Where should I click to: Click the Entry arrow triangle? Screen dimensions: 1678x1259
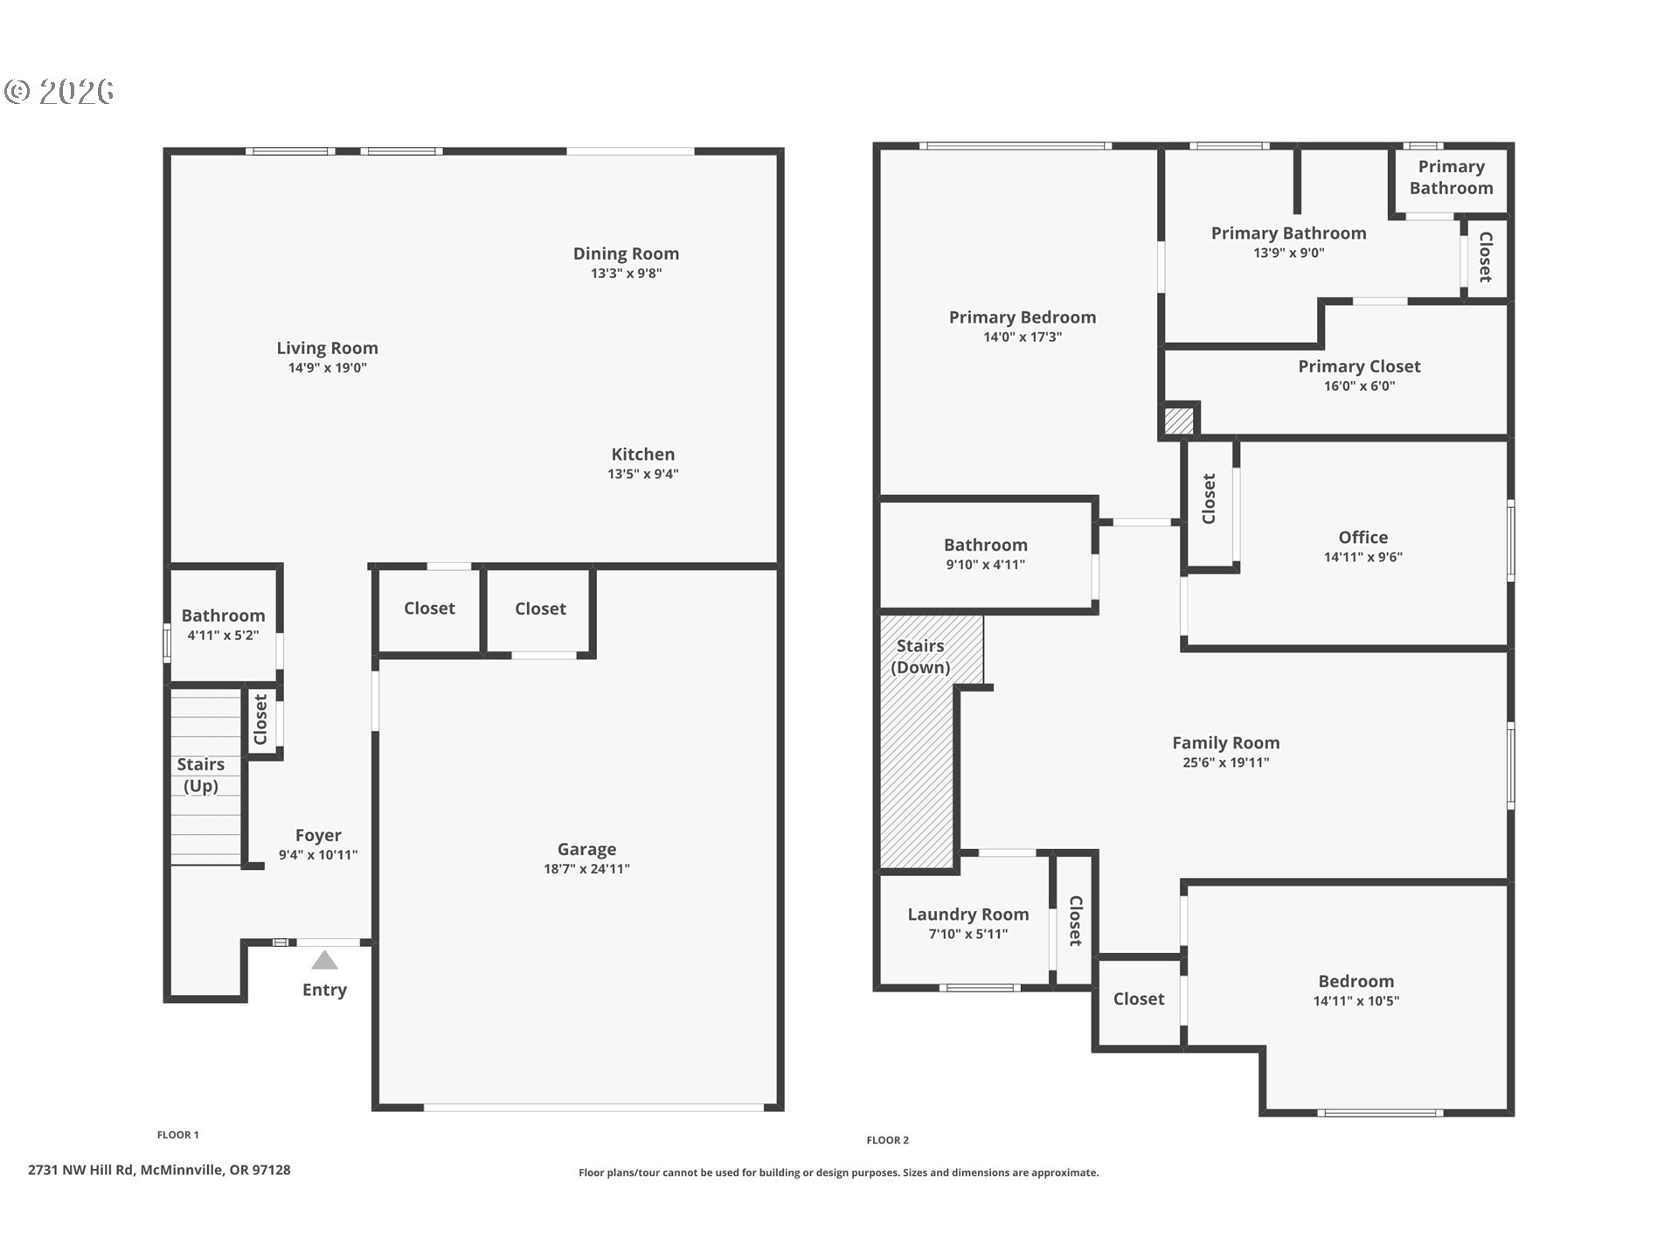pyautogui.click(x=324, y=960)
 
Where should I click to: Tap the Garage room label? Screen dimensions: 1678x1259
pyautogui.click(x=586, y=849)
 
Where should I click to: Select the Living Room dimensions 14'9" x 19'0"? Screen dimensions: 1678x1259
pyautogui.click(x=328, y=368)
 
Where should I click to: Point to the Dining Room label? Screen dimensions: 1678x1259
pyautogui.click(x=626, y=254)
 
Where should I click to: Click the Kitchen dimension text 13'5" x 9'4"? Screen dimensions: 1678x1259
pyautogui.click(x=643, y=474)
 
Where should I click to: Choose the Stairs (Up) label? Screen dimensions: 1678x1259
pyautogui.click(x=201, y=775)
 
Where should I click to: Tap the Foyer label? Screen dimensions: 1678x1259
pyautogui.click(x=318, y=836)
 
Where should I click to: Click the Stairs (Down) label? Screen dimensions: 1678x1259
pyautogui.click(x=920, y=657)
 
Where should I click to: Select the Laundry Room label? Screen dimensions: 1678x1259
pyautogui.click(x=968, y=915)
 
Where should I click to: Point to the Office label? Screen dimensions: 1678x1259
pyautogui.click(x=1363, y=538)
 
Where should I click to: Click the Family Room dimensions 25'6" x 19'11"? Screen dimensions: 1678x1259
pyautogui.click(x=1226, y=762)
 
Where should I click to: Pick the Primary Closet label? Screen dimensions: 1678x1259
pyautogui.click(x=1359, y=366)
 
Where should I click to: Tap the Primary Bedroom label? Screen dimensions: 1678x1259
pyautogui.click(x=1023, y=317)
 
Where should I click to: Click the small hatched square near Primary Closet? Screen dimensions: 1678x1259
pyautogui.click(x=1179, y=421)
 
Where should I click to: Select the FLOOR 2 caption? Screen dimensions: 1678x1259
pyautogui.click(x=888, y=1140)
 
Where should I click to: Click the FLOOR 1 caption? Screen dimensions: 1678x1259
pyautogui.click(x=178, y=1135)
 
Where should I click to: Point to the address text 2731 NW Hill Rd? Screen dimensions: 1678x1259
pyautogui.click(x=80, y=1170)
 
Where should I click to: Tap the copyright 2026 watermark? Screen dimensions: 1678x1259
pyautogui.click(x=59, y=92)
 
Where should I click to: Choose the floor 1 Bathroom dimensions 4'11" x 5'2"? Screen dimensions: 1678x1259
pyautogui.click(x=223, y=636)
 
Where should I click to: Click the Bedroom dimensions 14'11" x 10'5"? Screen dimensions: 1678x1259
pyautogui.click(x=1356, y=1001)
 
